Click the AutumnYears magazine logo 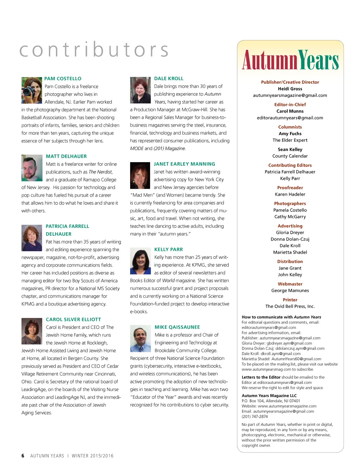click(290, 60)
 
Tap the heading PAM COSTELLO click(63, 78)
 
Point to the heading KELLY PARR click(168, 249)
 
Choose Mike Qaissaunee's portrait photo click(140, 339)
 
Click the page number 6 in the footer click(23, 456)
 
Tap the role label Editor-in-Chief click(290, 105)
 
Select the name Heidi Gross click(290, 89)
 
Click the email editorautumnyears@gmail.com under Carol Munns click(290, 118)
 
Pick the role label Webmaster click(290, 284)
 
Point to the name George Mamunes click(290, 291)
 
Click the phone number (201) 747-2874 click(255, 417)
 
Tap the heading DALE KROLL click(169, 78)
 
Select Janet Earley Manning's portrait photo click(140, 176)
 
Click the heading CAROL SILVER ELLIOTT click(73, 320)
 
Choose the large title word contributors click(94, 50)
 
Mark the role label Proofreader click(290, 188)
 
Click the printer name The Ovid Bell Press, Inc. click(290, 306)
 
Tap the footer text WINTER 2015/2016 click(92, 456)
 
